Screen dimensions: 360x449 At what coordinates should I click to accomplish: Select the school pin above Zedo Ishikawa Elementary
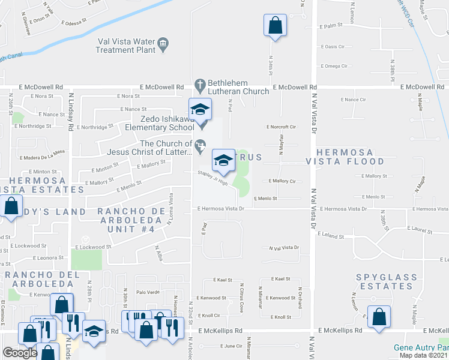coord(200,109)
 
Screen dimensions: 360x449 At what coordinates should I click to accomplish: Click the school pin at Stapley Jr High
coord(223,160)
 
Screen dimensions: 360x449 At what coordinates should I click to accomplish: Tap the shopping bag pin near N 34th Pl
coord(275,25)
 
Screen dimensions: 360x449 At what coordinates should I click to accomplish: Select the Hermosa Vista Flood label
coord(345,157)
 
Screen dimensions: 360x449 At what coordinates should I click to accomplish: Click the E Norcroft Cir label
coord(282,127)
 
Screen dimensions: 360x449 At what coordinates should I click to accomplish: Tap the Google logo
coord(20,353)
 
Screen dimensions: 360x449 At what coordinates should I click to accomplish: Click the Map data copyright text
coord(424,355)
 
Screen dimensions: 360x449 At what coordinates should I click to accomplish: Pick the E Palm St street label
coord(331,26)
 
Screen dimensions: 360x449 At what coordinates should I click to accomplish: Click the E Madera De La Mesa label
coord(42,158)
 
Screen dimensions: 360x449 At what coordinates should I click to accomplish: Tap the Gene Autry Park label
coord(421,347)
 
